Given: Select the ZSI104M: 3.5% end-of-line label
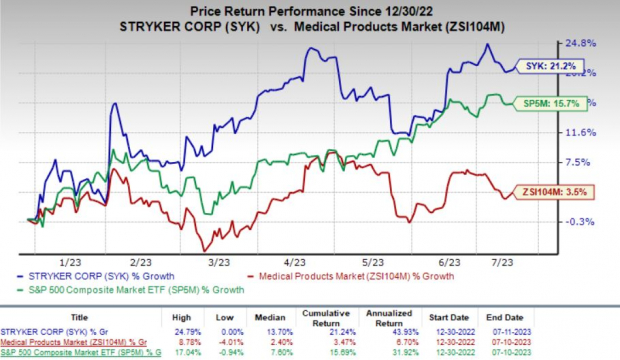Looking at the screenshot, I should [x=553, y=191].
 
